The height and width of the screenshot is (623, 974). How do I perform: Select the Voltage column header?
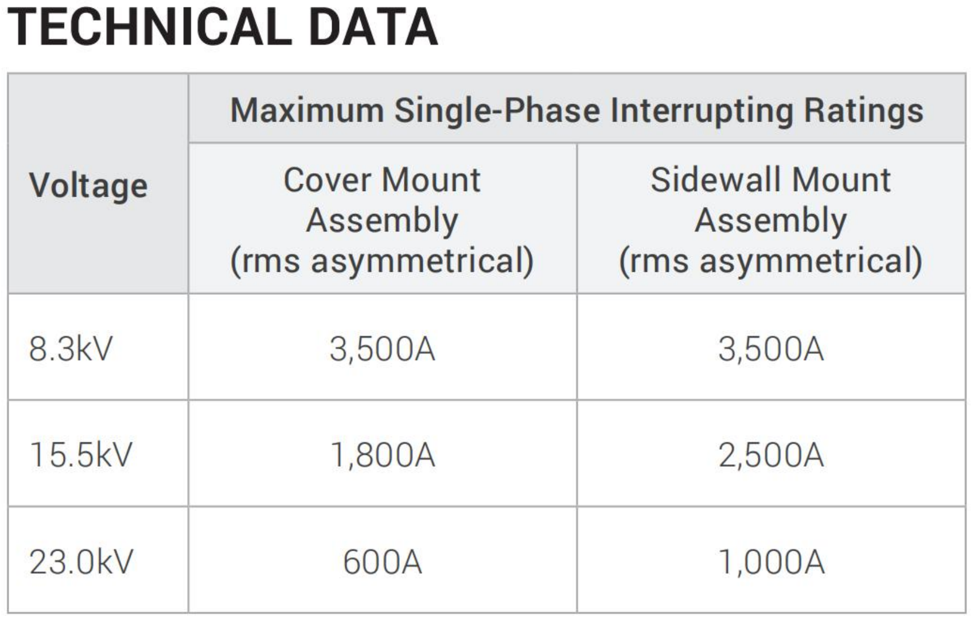tap(88, 186)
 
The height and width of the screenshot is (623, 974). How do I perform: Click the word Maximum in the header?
tap(307, 110)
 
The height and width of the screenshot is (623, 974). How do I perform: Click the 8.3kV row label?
tap(71, 348)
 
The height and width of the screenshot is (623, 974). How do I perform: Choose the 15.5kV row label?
tap(81, 454)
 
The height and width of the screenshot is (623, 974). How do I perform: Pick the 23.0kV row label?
tap(81, 561)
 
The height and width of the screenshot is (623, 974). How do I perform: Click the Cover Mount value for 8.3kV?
tap(382, 349)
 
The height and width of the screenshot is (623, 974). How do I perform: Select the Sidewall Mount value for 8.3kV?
tap(771, 349)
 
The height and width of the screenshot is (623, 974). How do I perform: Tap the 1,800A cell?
tap(383, 455)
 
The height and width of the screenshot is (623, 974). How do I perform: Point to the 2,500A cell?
tap(771, 455)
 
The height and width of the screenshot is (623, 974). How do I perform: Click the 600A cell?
tap(382, 562)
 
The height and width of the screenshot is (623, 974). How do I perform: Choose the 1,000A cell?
tap(772, 562)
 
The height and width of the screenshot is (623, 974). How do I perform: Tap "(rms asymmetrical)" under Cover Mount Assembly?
tap(382, 261)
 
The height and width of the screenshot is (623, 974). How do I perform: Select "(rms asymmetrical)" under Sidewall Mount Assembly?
tap(771, 261)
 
